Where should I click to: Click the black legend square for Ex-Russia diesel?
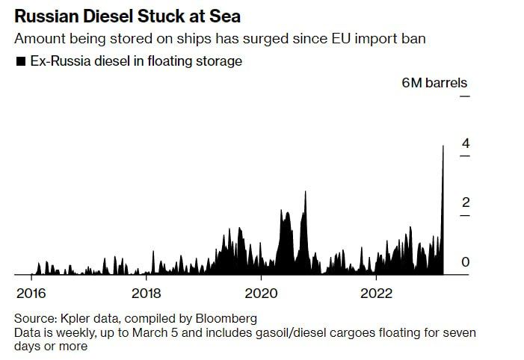point(20,61)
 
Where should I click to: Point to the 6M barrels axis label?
point(434,83)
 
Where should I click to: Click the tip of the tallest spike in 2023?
point(443,146)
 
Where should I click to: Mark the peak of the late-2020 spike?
point(305,191)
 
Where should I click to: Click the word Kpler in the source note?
point(76,317)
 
